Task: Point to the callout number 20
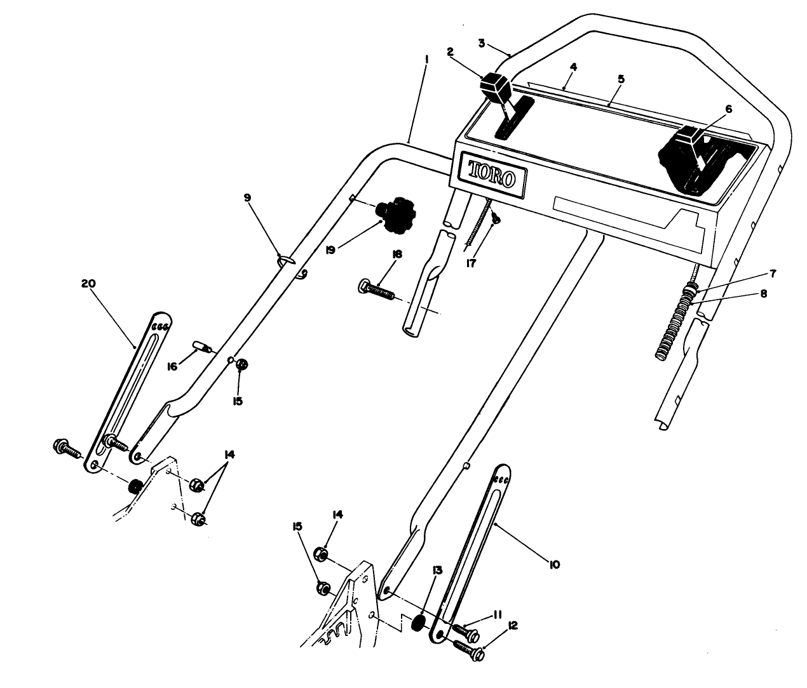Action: (x=88, y=284)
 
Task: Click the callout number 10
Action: (x=553, y=564)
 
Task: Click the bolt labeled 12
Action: (x=468, y=648)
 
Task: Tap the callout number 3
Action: (x=482, y=43)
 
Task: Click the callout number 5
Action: (x=621, y=79)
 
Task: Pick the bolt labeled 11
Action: (x=464, y=630)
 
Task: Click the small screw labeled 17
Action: (x=495, y=219)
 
